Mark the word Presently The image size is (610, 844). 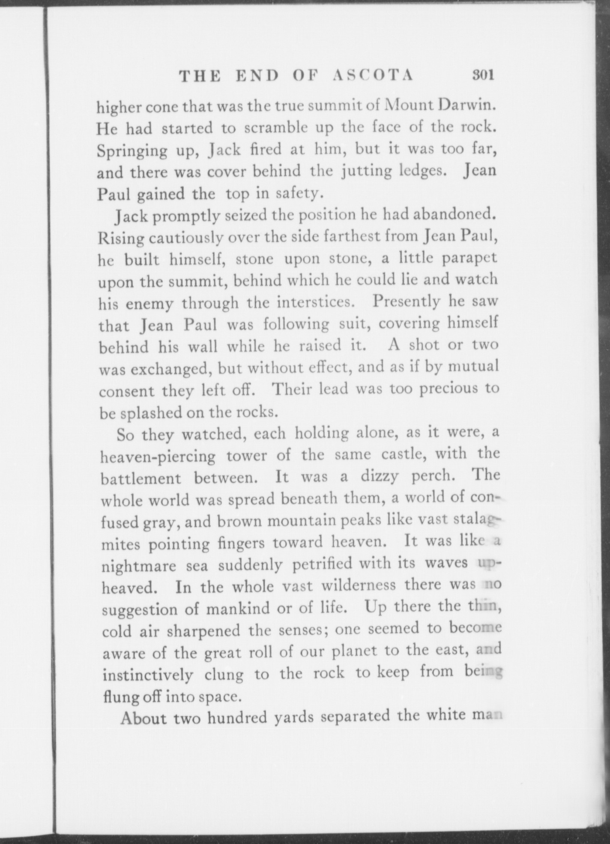(x=406, y=301)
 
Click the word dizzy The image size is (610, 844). (x=378, y=476)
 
